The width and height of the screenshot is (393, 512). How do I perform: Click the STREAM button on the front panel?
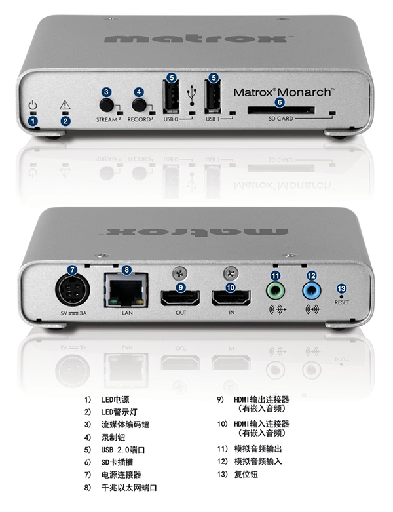click(106, 105)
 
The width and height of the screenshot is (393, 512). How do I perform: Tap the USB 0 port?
click(171, 97)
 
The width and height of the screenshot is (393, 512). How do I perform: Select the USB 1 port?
click(213, 97)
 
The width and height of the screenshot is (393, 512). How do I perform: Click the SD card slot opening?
click(281, 110)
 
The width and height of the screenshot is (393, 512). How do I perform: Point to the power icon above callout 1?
click(33, 105)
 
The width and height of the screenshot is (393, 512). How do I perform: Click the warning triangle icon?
click(65, 105)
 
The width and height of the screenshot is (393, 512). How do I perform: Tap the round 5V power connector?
click(73, 290)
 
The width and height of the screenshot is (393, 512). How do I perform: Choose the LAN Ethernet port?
click(126, 290)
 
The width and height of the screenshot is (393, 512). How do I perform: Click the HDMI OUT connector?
click(180, 298)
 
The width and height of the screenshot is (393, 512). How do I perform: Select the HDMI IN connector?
click(231, 298)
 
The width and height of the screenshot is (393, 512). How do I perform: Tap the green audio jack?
click(276, 290)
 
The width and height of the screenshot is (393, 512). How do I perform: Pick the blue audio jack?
click(312, 290)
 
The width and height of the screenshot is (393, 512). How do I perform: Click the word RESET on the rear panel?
click(341, 302)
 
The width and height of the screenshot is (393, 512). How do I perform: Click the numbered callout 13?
click(341, 288)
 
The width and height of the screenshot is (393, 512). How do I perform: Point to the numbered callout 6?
click(280, 102)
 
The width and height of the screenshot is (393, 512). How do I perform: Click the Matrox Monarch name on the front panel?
click(284, 92)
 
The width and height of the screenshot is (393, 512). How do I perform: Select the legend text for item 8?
click(129, 488)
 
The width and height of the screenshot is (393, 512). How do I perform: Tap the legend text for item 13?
click(246, 474)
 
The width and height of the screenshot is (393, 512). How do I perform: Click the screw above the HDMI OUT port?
click(180, 273)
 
